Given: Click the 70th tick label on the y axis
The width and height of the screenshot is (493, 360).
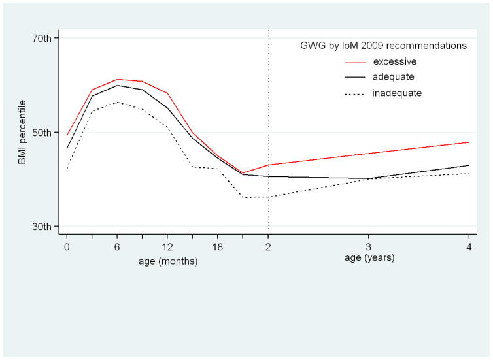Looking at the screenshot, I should click(42, 38).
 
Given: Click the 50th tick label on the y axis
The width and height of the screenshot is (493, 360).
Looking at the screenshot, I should click(42, 133).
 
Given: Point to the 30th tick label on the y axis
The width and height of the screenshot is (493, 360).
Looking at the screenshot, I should click(42, 227).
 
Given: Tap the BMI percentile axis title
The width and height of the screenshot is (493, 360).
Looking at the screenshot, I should click(22, 132).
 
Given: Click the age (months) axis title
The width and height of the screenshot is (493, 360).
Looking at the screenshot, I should click(167, 260).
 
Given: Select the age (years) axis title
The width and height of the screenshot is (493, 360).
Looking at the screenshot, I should click(369, 257).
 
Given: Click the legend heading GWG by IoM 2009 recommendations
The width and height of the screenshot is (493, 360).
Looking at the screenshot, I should click(379, 46).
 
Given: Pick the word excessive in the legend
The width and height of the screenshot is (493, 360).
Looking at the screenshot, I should click(394, 62).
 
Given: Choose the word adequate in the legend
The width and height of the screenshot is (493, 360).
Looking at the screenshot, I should click(393, 77).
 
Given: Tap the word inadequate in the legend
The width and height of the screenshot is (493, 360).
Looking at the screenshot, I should click(396, 93).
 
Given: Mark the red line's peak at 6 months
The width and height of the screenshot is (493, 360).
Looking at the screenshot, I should click(117, 79).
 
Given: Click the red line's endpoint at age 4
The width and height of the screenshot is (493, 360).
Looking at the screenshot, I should click(469, 142).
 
